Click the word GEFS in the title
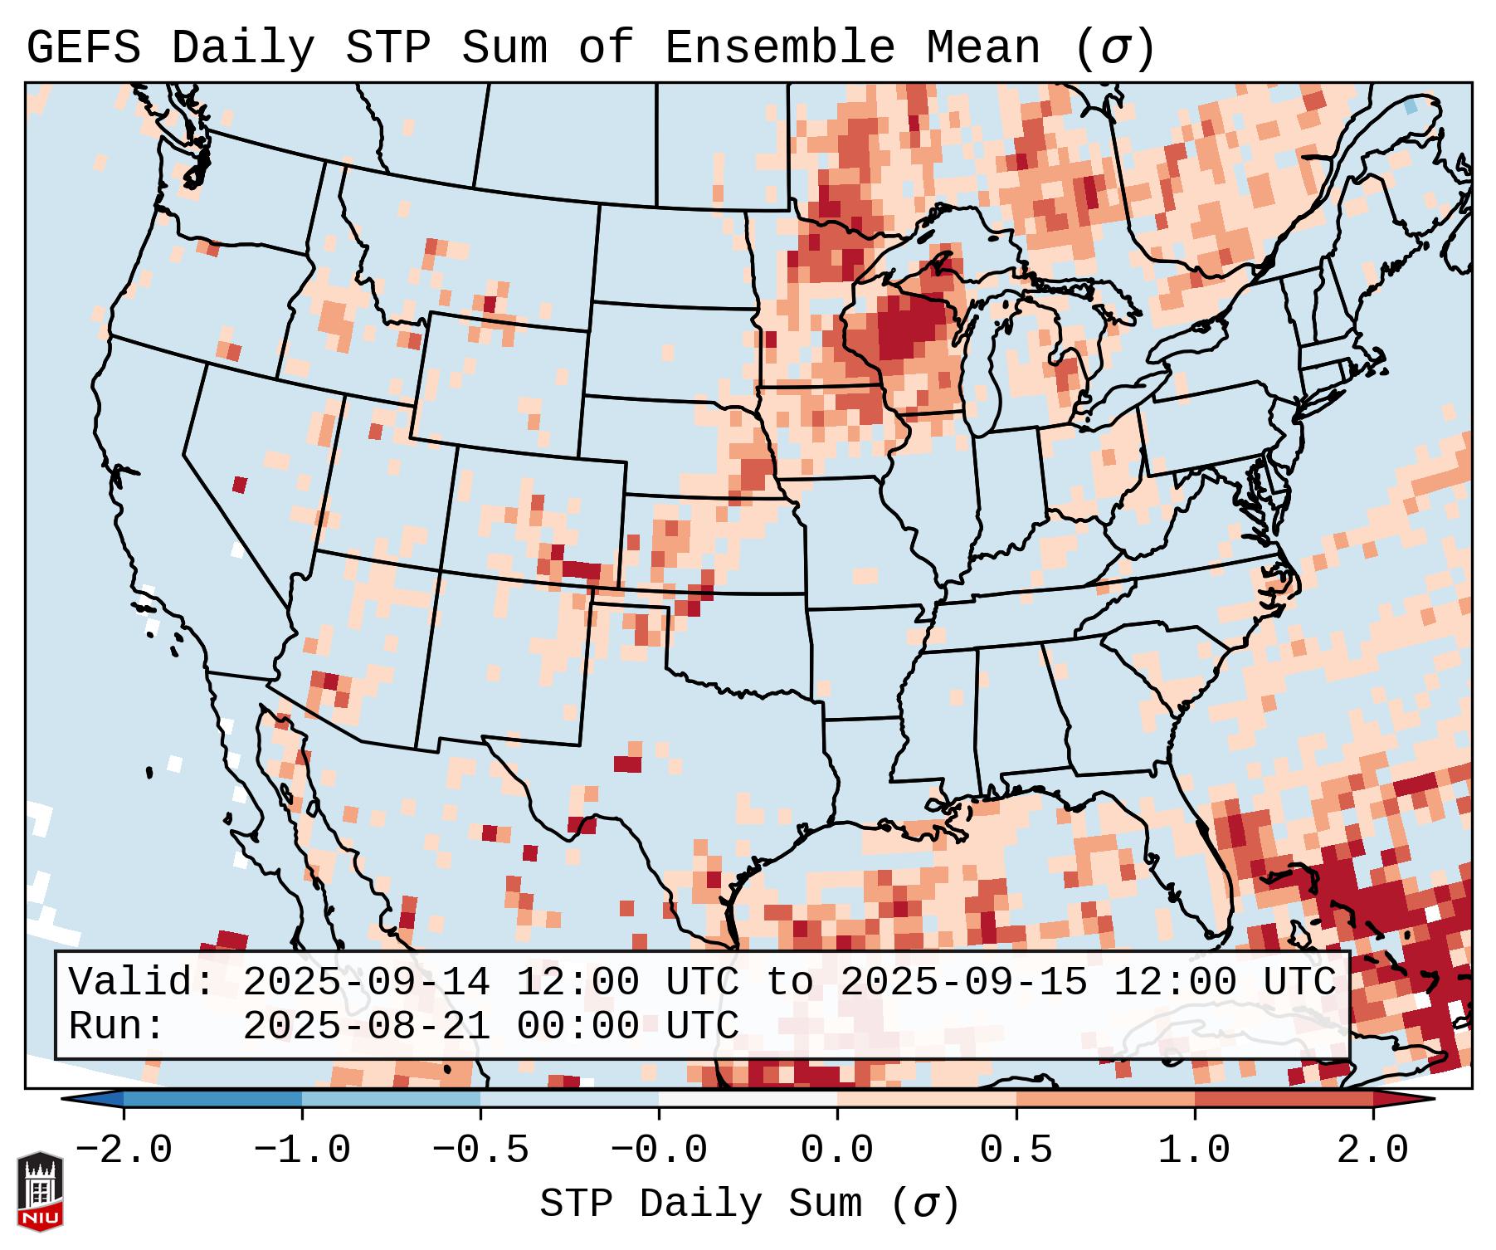pyautogui.click(x=83, y=48)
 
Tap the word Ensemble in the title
pyautogui.click(x=780, y=48)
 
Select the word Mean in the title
pyautogui.click(x=983, y=48)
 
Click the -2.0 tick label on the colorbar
pyautogui.click(x=124, y=1150)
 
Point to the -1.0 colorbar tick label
pyautogui.click(x=302, y=1150)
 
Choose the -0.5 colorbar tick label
pyautogui.click(x=480, y=1150)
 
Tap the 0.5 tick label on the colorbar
pyautogui.click(x=1016, y=1150)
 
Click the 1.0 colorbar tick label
pyautogui.click(x=1195, y=1150)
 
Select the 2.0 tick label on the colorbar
pyautogui.click(x=1373, y=1150)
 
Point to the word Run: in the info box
pyautogui.click(x=116, y=1026)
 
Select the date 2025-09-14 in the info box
pyautogui.click(x=366, y=982)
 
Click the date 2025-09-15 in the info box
pyautogui.click(x=963, y=982)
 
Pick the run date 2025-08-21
pyautogui.click(x=366, y=1026)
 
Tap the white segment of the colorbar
pyautogui.click(x=748, y=1099)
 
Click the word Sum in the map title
pyautogui.click(x=504, y=48)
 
